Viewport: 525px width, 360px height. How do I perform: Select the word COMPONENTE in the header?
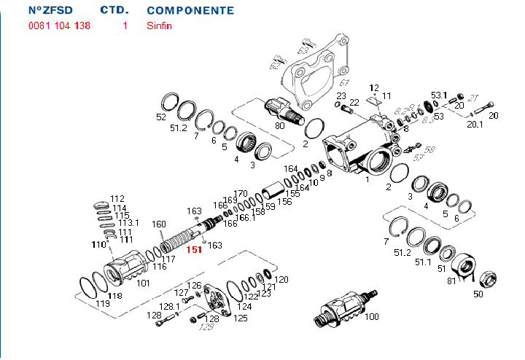[x=190, y=11]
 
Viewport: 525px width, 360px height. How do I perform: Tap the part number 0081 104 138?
[x=60, y=26]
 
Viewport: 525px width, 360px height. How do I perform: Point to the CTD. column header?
[x=114, y=11]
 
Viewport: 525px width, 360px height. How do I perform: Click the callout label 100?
[x=372, y=317]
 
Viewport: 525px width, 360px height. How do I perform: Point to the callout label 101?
[x=143, y=283]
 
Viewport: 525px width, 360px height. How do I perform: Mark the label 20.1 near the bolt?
[x=475, y=124]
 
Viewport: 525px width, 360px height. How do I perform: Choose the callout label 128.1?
[x=169, y=307]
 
